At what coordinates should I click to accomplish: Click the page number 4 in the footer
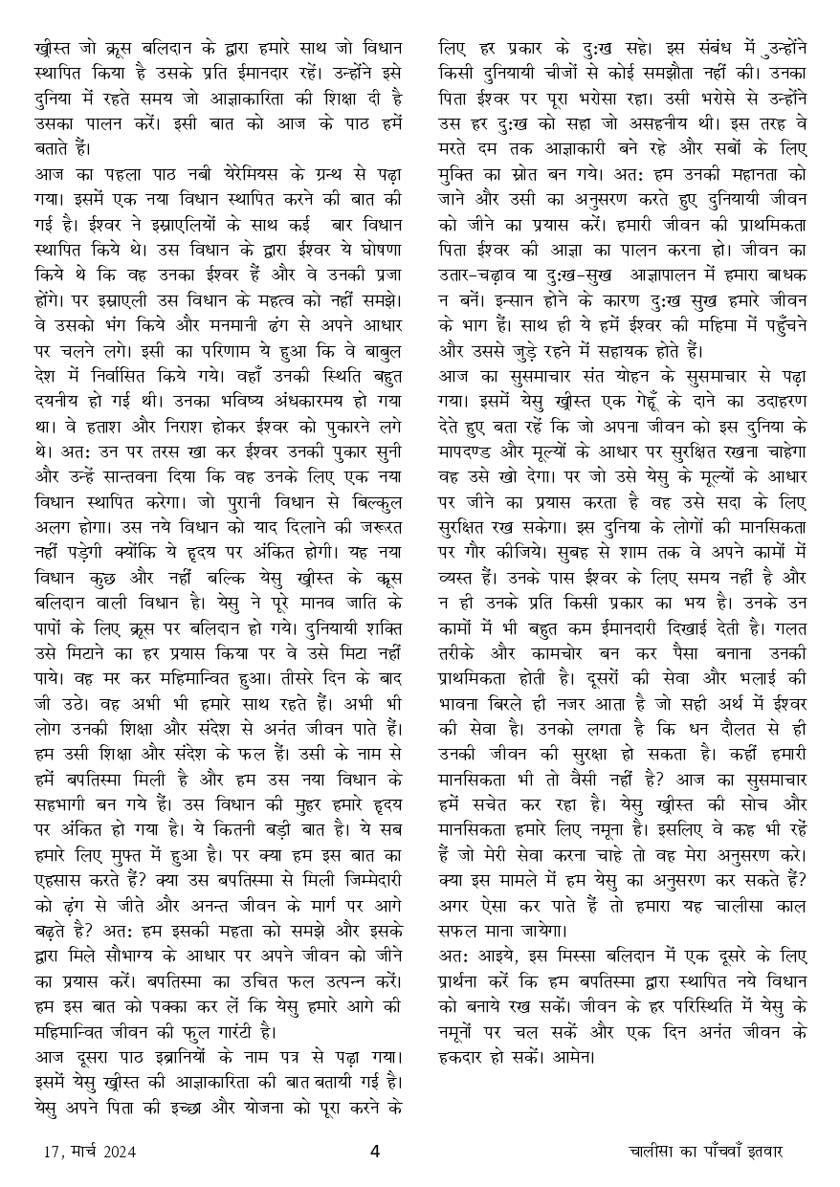(x=375, y=1151)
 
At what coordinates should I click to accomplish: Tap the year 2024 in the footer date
(x=115, y=1152)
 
